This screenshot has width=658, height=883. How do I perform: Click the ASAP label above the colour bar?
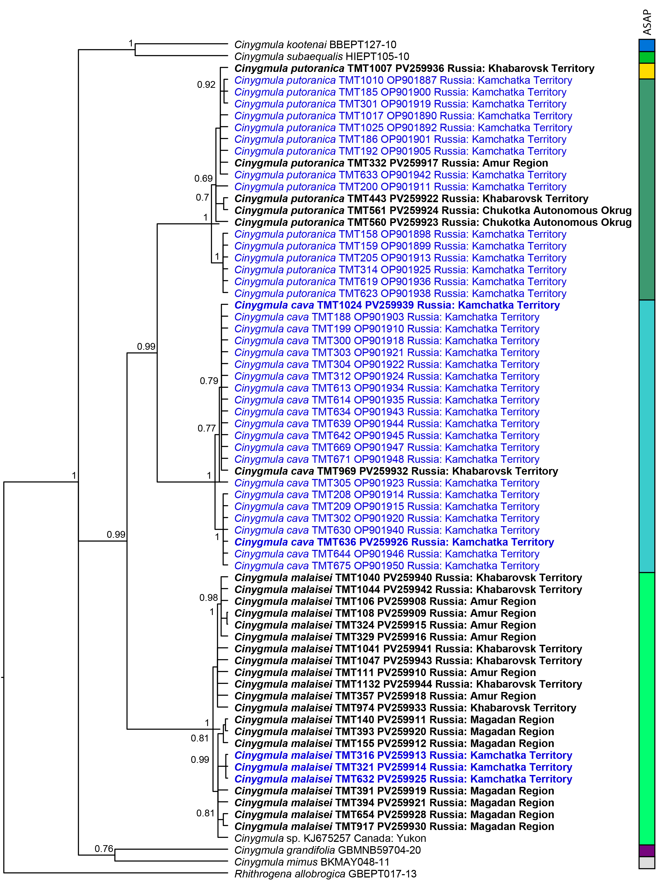pyautogui.click(x=647, y=22)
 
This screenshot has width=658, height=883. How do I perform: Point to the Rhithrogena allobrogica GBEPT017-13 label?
pyautogui.click(x=325, y=874)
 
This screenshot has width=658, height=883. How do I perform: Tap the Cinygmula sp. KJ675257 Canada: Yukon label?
pyautogui.click(x=330, y=838)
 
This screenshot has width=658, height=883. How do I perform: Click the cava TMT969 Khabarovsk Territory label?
pyautogui.click(x=396, y=471)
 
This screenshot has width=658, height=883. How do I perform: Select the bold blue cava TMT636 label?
pyautogui.click(x=394, y=542)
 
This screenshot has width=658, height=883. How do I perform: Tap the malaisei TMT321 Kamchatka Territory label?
pyautogui.click(x=403, y=767)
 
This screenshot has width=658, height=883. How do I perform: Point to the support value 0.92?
pyautogui.click(x=206, y=85)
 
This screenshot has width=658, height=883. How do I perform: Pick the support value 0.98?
pyautogui.click(x=208, y=598)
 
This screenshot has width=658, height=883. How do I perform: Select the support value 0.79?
pyautogui.click(x=209, y=381)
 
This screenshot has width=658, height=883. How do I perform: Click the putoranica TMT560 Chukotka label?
pyautogui.click(x=433, y=222)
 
